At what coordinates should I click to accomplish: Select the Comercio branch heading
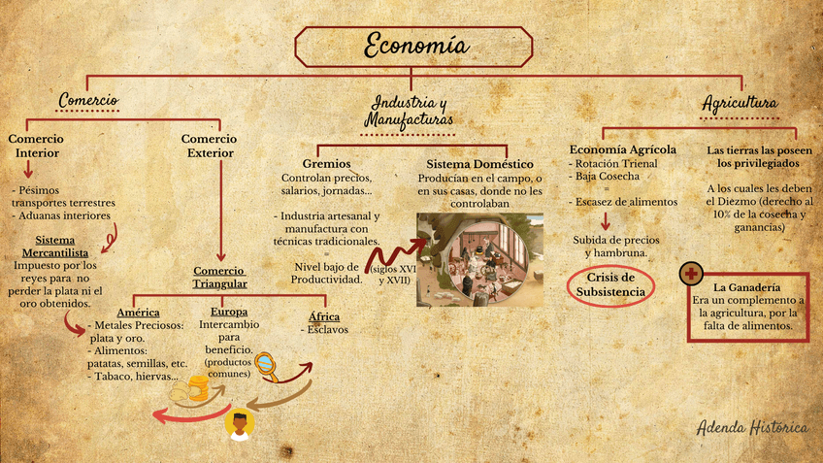pos(88,100)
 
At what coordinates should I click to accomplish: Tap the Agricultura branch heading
pos(739,102)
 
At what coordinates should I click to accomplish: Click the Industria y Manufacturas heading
pos(409,111)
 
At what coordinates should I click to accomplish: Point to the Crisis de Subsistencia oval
pos(610,284)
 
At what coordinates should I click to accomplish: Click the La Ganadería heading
pos(747,288)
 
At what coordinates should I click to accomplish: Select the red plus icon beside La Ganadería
pos(692,275)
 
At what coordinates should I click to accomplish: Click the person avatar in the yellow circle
pos(239,424)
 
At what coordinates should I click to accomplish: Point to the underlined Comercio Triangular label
pos(220,277)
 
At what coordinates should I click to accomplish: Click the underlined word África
pos(324,316)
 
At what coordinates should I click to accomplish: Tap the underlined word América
pos(138,313)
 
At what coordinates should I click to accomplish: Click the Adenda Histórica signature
pos(752,427)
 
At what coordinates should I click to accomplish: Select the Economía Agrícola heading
pos(622,149)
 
